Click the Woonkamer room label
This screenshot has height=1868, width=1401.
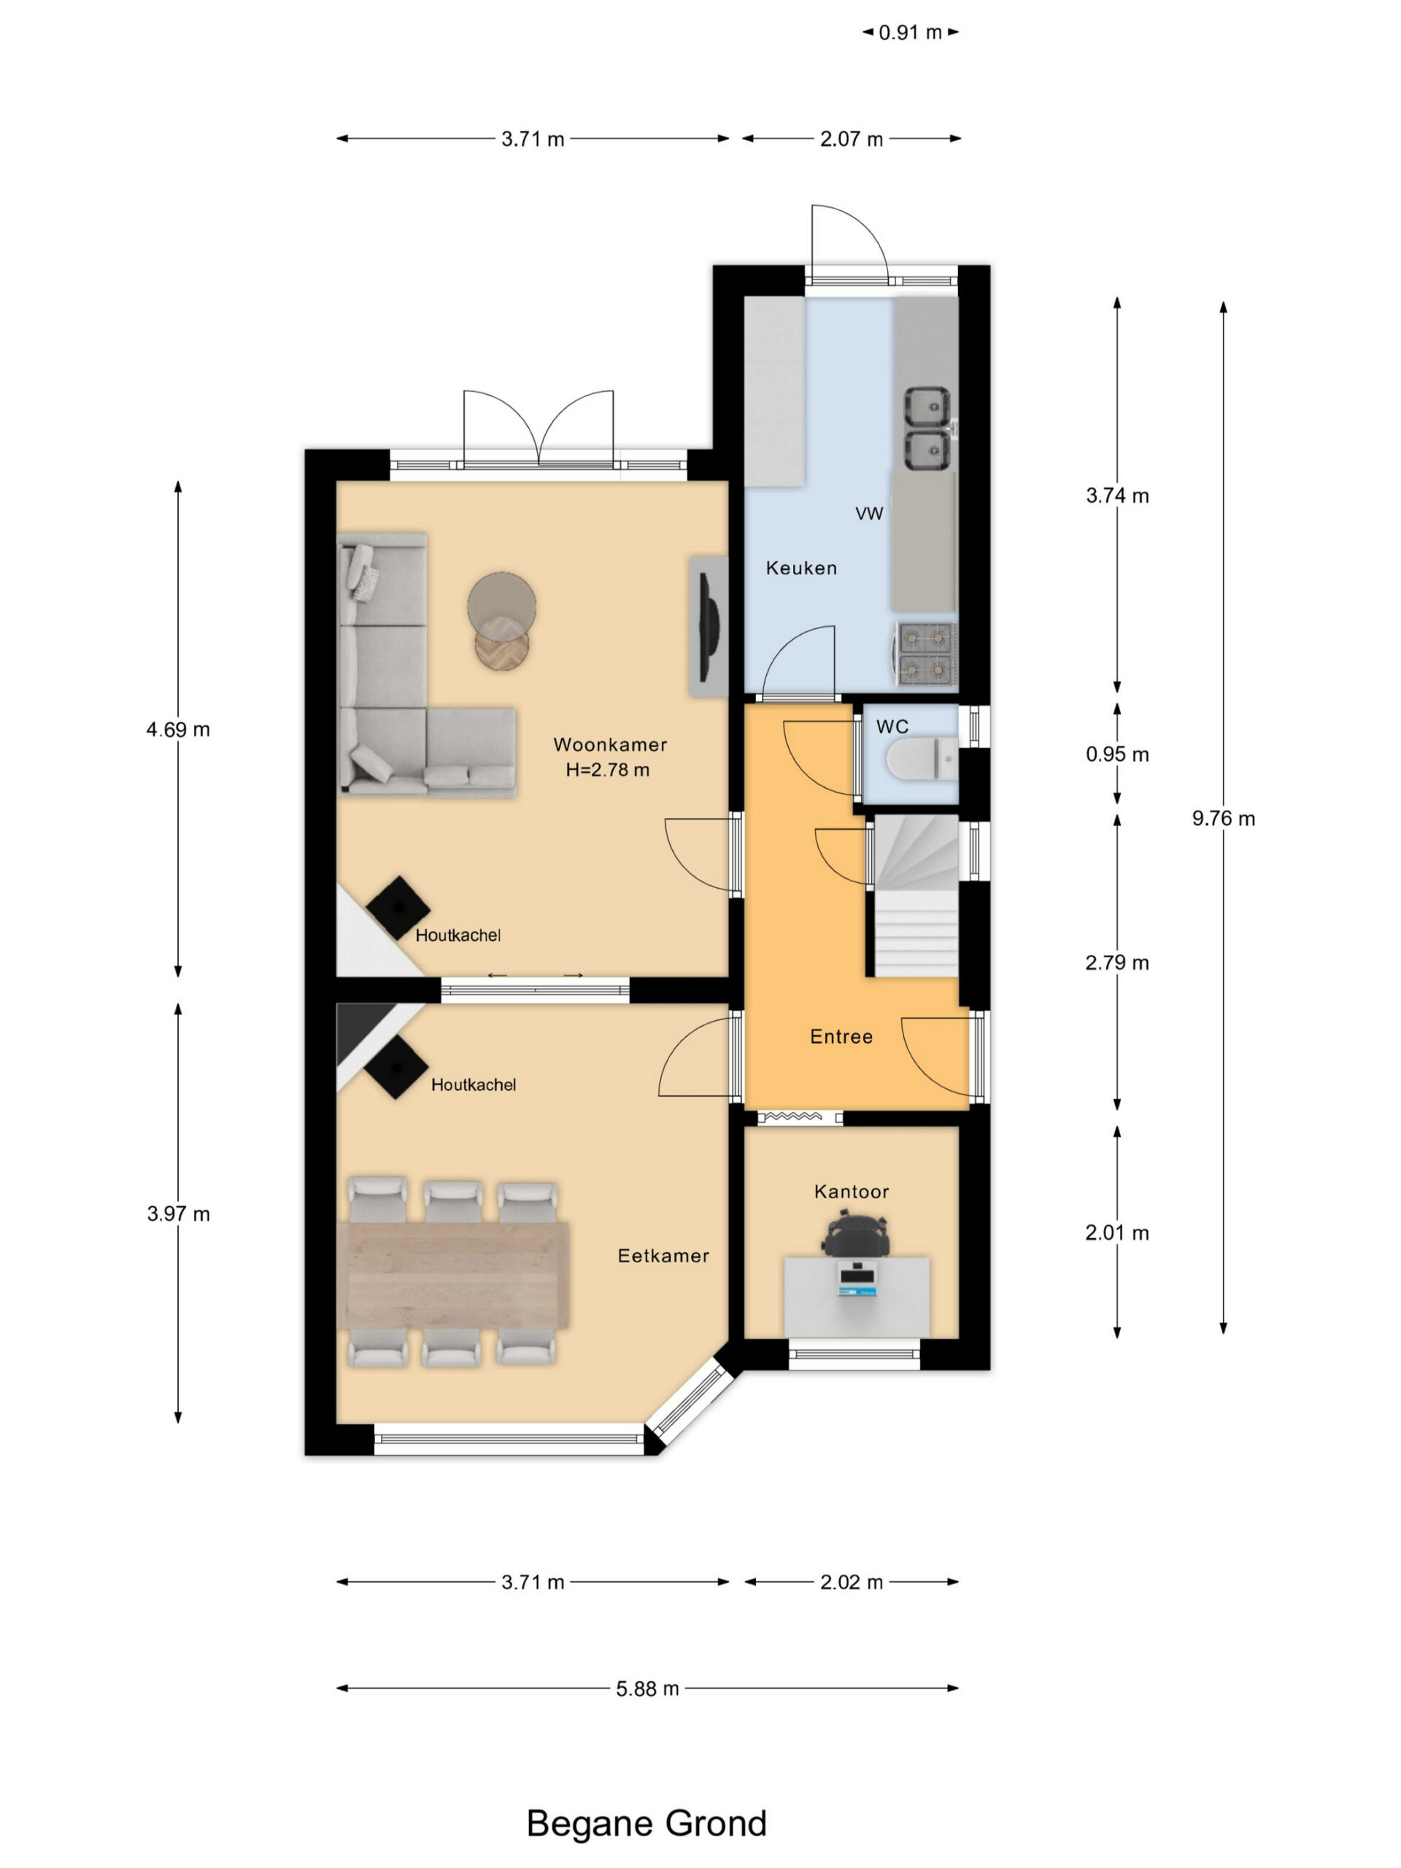(x=610, y=745)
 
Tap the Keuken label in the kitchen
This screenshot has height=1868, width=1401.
(x=801, y=568)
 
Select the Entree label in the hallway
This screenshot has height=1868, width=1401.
(x=841, y=1037)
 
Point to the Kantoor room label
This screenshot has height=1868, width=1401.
(x=852, y=1192)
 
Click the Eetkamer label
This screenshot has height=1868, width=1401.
(x=663, y=1256)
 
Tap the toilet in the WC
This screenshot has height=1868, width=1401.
(x=922, y=757)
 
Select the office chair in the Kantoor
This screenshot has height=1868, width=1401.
(x=855, y=1234)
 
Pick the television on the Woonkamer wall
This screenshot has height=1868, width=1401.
(x=710, y=626)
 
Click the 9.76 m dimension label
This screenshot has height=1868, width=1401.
(x=1224, y=818)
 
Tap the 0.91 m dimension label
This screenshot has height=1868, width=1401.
(x=911, y=33)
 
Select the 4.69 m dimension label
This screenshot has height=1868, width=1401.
(x=178, y=730)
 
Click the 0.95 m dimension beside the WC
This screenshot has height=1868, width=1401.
(x=1117, y=754)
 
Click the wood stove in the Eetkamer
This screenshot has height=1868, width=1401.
(x=396, y=1068)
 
